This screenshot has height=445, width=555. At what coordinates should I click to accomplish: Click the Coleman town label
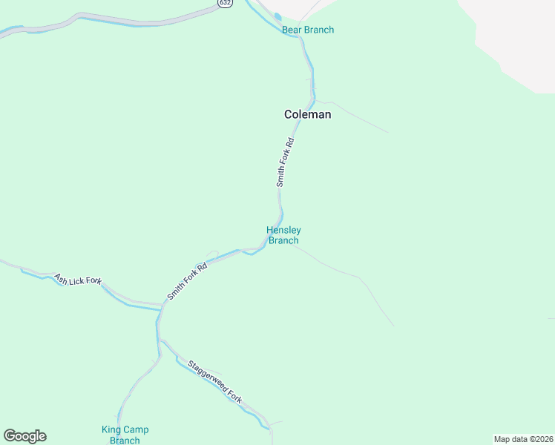coord(308,115)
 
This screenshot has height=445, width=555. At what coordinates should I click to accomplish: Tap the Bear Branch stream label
coord(308,30)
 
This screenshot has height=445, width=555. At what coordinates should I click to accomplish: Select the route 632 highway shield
coord(224,3)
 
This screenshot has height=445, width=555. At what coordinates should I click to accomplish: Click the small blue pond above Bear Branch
coord(277,16)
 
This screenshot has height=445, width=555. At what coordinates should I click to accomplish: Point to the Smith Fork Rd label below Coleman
coord(286,161)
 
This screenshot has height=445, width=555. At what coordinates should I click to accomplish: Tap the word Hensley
coord(283,231)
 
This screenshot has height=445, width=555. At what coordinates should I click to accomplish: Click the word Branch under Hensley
coord(283,240)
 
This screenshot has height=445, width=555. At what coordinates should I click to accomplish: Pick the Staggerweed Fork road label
coord(215,381)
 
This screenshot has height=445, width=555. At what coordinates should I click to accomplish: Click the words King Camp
coord(125,430)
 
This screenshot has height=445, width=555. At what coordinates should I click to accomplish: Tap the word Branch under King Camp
coord(125,441)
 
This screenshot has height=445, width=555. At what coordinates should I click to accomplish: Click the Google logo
coord(24,436)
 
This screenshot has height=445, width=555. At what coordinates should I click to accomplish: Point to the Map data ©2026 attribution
coord(523,439)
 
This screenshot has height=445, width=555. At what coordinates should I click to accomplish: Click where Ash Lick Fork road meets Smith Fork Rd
coord(161,304)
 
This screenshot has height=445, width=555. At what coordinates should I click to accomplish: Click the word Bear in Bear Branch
coord(291,30)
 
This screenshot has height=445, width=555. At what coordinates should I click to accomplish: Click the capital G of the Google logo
coord(10,435)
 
